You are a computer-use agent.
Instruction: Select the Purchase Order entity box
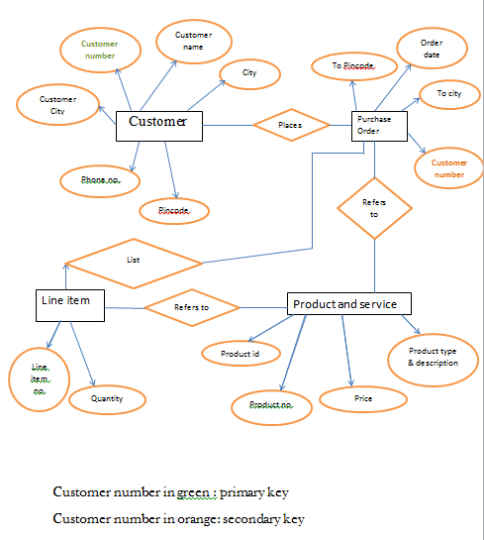pos(374,126)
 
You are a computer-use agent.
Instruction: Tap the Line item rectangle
pos(69,305)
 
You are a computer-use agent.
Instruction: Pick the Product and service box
pos(349,304)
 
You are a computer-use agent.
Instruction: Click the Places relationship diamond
pos(290,125)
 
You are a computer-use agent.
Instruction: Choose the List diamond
pos(134,261)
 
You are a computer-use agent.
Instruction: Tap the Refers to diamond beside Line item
pos(192,307)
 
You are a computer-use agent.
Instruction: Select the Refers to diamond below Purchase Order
pos(374,207)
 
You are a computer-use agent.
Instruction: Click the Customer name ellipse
pos(193,41)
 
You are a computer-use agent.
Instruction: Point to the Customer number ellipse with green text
pos(99,51)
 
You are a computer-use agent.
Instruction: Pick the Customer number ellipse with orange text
pos(448,168)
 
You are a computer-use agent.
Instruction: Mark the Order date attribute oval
pos(431,49)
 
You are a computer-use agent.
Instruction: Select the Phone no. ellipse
pos(99,179)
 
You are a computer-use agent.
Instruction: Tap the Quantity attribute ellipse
pos(107,399)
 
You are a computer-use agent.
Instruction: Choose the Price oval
pos(363,399)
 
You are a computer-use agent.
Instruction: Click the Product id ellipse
pos(241,354)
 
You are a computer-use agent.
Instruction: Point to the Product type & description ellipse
pos(433,356)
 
